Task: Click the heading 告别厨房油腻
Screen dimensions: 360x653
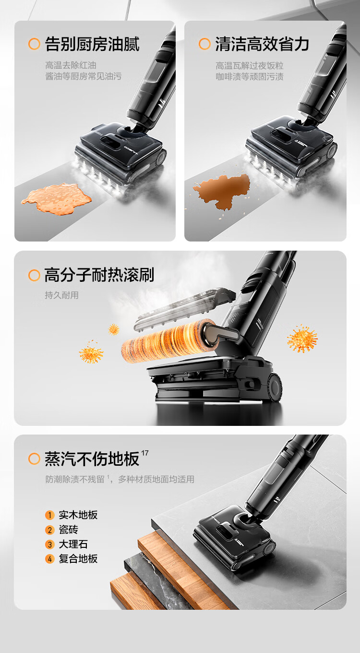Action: pyautogui.click(x=92, y=44)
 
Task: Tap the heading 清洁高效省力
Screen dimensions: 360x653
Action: pyautogui.click(x=262, y=44)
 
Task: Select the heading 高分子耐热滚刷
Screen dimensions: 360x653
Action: pyautogui.click(x=99, y=275)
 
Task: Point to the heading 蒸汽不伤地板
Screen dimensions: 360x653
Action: pyautogui.click(x=92, y=459)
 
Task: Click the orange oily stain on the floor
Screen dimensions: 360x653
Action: pyautogui.click(x=57, y=199)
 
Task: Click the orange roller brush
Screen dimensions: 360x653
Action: pyautogui.click(x=169, y=340)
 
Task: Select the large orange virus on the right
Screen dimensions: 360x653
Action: pyautogui.click(x=302, y=339)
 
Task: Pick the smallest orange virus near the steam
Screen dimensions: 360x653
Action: pyautogui.click(x=114, y=329)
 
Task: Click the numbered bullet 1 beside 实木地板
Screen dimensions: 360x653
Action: pyautogui.click(x=50, y=515)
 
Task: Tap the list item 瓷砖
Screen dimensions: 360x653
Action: pyautogui.click(x=69, y=530)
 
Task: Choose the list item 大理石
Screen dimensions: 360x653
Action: pyautogui.click(x=73, y=544)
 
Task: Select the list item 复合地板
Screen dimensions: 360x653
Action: pyautogui.click(x=78, y=558)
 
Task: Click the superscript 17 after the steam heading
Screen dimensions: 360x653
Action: pyautogui.click(x=145, y=453)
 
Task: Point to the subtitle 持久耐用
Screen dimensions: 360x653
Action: pyautogui.click(x=61, y=295)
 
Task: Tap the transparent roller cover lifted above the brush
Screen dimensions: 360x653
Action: pyautogui.click(x=185, y=309)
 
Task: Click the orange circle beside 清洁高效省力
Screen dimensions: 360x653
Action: pyautogui.click(x=204, y=44)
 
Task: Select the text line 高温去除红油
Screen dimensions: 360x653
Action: pyautogui.click(x=71, y=65)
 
